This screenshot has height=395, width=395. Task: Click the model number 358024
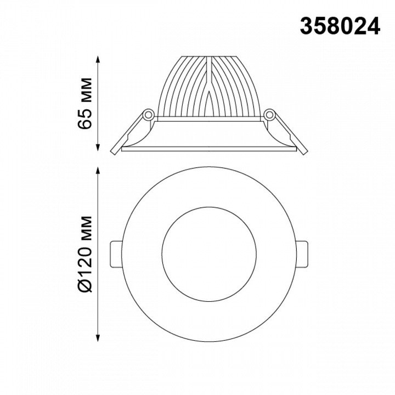click(x=340, y=26)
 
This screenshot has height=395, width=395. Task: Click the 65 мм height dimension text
click(x=84, y=104)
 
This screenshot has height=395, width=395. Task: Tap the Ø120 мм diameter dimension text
click(x=84, y=254)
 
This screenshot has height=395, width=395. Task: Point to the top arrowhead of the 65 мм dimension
click(x=98, y=59)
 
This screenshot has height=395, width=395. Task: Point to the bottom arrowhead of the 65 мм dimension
click(x=98, y=148)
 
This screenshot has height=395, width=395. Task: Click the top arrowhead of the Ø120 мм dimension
click(x=98, y=171)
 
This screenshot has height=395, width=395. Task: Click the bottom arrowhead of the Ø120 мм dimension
click(x=98, y=338)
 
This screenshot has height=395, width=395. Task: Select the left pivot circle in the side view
click(x=148, y=115)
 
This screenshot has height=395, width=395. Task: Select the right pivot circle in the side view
click(x=269, y=115)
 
